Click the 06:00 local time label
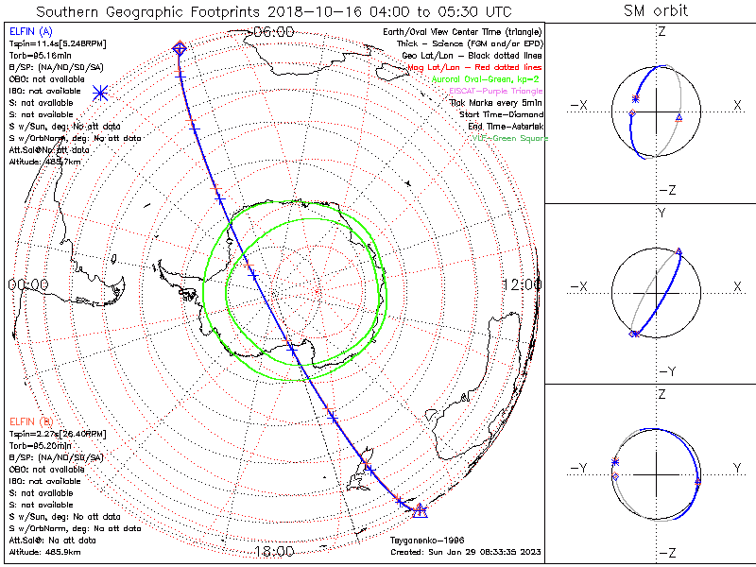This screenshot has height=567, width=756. pyautogui.click(x=274, y=31)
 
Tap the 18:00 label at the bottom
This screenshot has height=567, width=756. pyautogui.click(x=274, y=551)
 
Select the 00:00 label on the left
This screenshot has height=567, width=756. pyautogui.click(x=28, y=283)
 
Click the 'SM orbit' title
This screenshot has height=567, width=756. pyautogui.click(x=655, y=11)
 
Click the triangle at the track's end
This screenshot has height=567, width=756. pyautogui.click(x=421, y=511)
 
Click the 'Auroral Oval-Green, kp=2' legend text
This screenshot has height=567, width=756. pyautogui.click(x=489, y=79)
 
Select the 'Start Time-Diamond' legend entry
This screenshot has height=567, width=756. pyautogui.click(x=499, y=113)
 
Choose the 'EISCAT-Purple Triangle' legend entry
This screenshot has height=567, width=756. pyautogui.click(x=492, y=91)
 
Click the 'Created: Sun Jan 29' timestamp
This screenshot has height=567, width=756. pyautogui.click(x=466, y=552)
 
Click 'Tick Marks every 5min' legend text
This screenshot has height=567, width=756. pyautogui.click(x=498, y=102)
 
